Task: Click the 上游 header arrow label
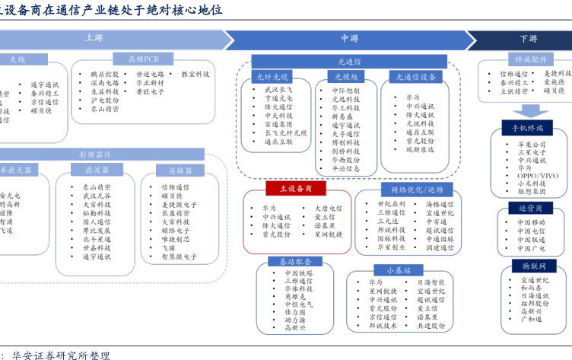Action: tap(94, 37)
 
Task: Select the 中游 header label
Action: tap(349, 38)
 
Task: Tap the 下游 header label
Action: tap(528, 39)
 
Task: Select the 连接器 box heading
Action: tap(180, 170)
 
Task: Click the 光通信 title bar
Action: tap(349, 61)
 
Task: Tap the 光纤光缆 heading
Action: tap(272, 77)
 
